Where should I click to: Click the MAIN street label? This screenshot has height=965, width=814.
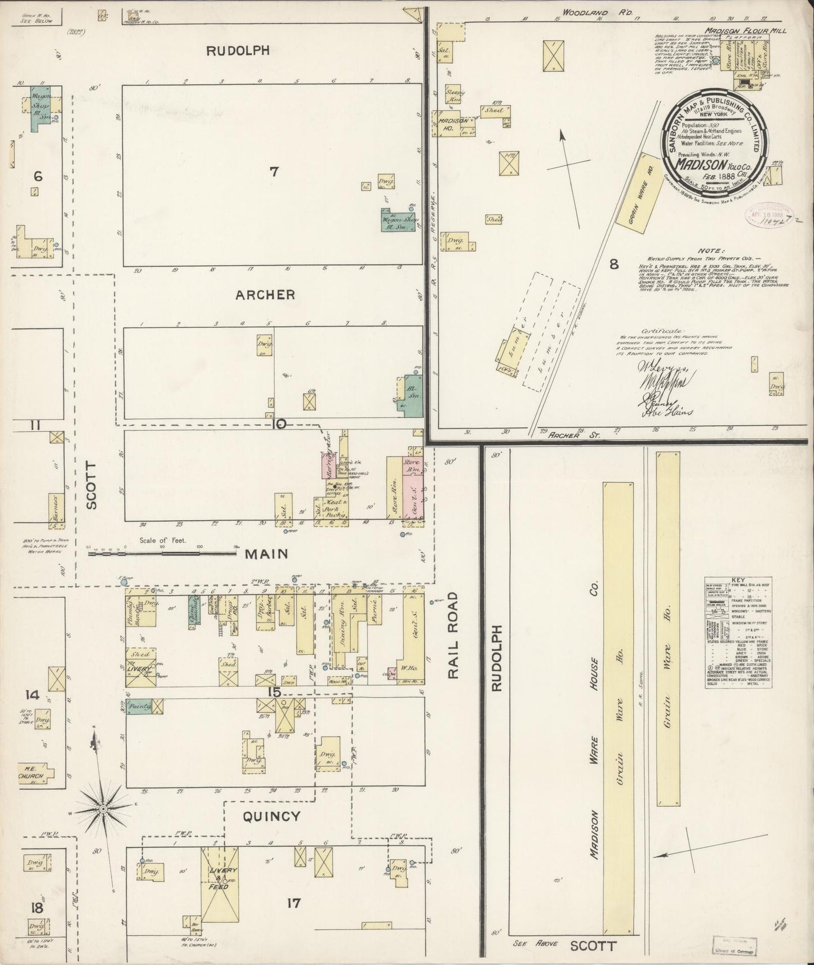click(x=266, y=554)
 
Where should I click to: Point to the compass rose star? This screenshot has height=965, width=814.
click(x=104, y=808)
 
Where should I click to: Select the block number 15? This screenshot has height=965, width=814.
click(x=274, y=691)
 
